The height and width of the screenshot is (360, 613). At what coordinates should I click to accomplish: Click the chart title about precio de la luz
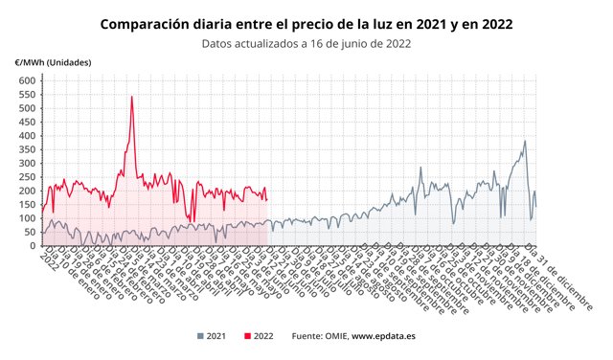pyautogui.click(x=306, y=22)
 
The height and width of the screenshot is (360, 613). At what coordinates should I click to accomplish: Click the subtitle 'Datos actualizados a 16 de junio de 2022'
pyautogui.click(x=306, y=42)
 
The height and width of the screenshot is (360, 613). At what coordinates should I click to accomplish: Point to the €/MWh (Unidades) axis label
pyautogui.click(x=53, y=62)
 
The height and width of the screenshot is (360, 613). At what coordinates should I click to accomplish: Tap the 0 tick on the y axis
pyautogui.click(x=31, y=246)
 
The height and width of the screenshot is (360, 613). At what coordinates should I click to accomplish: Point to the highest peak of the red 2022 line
pyautogui.click(x=131, y=97)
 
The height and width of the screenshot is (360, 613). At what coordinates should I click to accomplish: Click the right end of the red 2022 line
pyautogui.click(x=266, y=200)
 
